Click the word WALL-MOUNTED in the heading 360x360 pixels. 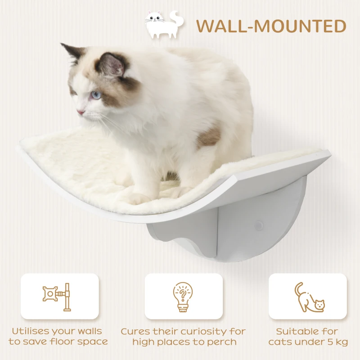coord(271,26)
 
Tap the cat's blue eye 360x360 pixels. coord(96,95)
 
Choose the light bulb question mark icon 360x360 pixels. coord(183,297)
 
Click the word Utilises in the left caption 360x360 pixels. coord(34,332)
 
